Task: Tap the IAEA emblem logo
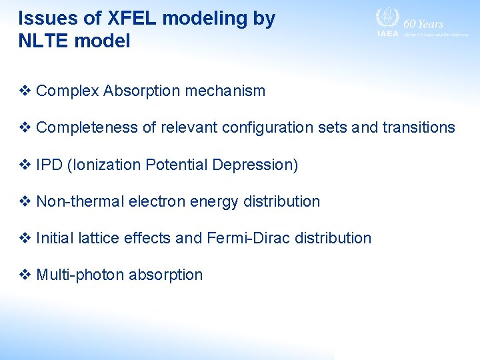(x=387, y=18)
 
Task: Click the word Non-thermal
(x=77, y=201)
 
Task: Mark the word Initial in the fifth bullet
(x=54, y=238)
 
